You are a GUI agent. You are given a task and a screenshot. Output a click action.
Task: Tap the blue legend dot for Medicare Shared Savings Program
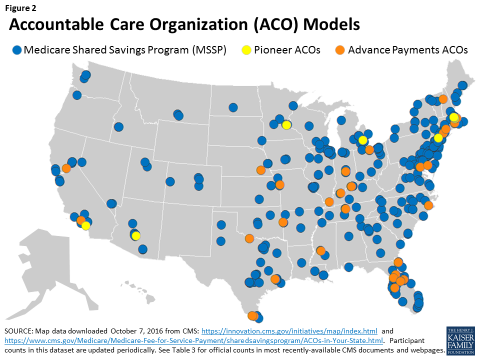(17, 50)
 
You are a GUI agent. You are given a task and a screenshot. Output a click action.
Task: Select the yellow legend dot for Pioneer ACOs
(246, 50)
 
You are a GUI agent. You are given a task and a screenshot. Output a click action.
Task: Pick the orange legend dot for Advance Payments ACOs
(340, 50)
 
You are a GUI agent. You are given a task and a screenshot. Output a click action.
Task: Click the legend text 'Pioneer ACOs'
(287, 50)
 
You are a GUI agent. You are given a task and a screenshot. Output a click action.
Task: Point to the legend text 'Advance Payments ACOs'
(407, 50)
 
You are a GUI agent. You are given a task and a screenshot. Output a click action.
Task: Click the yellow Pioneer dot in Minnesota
(286, 125)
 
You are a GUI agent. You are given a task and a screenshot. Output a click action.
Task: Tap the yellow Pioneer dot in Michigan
(362, 140)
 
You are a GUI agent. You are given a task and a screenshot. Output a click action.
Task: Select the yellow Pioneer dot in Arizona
(136, 236)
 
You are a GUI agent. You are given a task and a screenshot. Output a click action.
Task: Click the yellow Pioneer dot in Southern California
(85, 225)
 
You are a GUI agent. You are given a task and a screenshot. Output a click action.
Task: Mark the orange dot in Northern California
(66, 168)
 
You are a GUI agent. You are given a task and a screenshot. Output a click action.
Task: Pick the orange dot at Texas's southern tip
(252, 315)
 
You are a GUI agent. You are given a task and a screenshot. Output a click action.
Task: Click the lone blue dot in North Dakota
(233, 107)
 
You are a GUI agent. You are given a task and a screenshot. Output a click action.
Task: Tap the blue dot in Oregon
(77, 95)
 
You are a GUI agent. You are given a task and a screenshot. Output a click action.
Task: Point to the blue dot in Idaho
(118, 126)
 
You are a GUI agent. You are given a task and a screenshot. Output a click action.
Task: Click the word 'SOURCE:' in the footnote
(20, 331)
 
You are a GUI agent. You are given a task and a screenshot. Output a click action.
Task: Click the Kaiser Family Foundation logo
(460, 340)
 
